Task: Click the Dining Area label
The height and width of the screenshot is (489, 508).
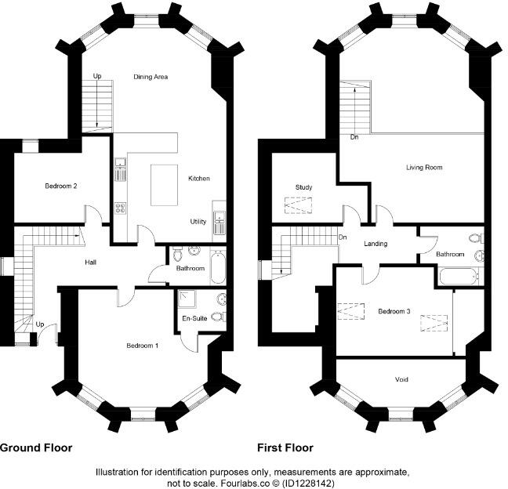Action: pos(150,77)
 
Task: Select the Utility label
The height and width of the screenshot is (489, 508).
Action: pos(198,222)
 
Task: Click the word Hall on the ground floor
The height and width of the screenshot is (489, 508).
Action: pos(91,263)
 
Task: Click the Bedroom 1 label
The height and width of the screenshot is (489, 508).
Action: pos(143,346)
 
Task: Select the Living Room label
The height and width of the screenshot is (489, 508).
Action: pos(424,168)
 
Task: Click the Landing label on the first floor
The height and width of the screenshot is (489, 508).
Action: pos(376,244)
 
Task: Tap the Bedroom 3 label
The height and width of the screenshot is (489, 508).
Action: pos(394,311)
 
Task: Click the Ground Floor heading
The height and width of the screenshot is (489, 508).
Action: pos(36,448)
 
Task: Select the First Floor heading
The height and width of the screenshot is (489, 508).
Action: pos(285,448)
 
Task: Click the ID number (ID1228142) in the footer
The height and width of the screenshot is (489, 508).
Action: pos(307,484)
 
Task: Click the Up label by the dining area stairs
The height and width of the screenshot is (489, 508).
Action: pos(97,76)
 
